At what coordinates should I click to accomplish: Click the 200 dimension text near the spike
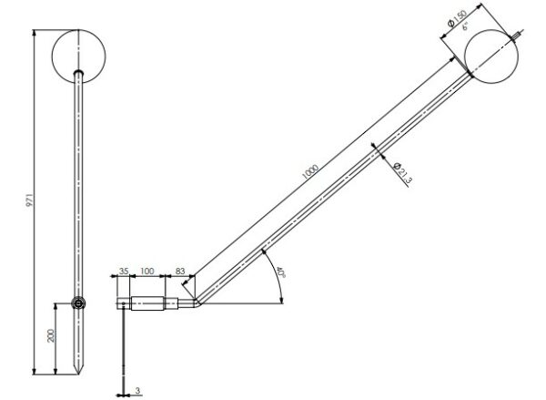52,335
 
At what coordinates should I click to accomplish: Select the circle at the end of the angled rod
491,56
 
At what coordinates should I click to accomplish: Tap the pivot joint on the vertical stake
80,303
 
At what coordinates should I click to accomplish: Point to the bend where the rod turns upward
193,301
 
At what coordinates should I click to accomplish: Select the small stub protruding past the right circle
519,36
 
